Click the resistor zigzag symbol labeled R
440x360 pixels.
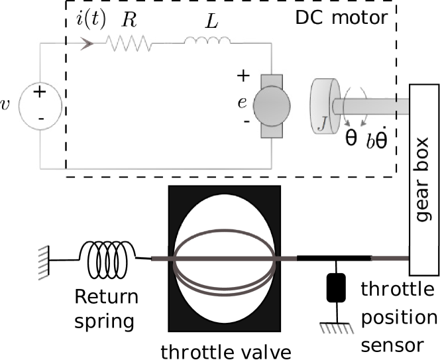[x=129, y=43]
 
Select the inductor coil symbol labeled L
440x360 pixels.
[x=207, y=40]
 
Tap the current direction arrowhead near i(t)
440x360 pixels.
[x=87, y=44]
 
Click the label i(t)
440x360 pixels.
[x=91, y=20]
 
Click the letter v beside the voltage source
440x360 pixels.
[x=5, y=105]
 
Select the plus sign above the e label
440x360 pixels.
[x=243, y=76]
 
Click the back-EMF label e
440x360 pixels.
[x=242, y=103]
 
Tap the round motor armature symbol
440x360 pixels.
[x=272, y=106]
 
